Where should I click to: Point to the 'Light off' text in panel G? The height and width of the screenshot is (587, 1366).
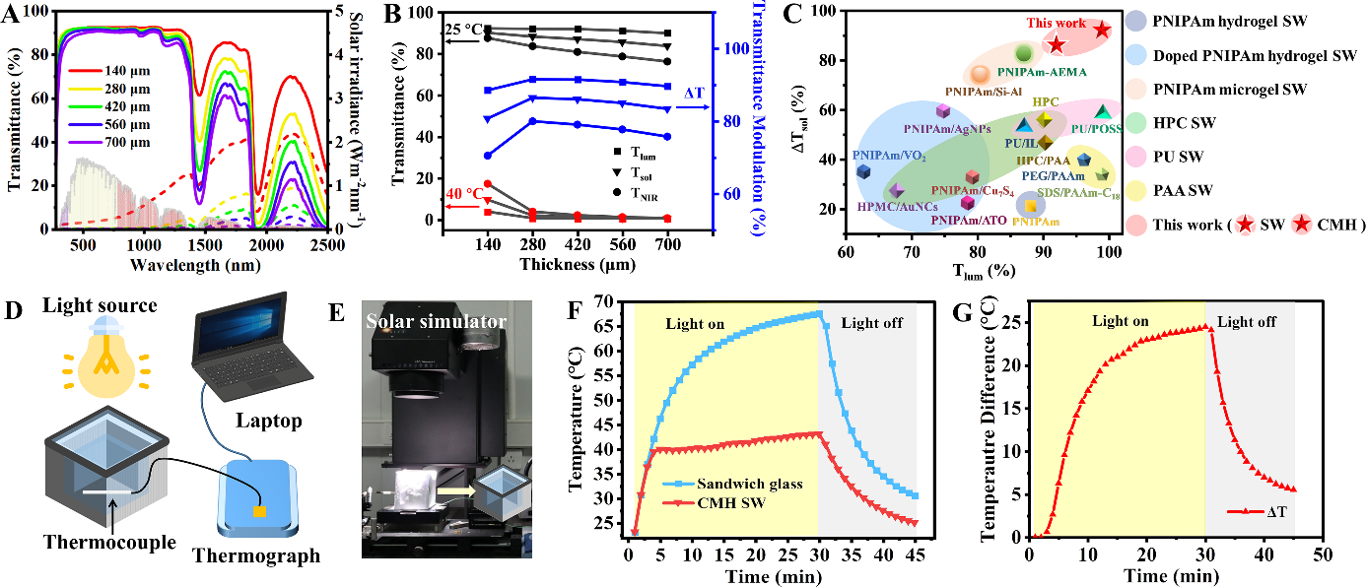tap(1248, 322)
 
